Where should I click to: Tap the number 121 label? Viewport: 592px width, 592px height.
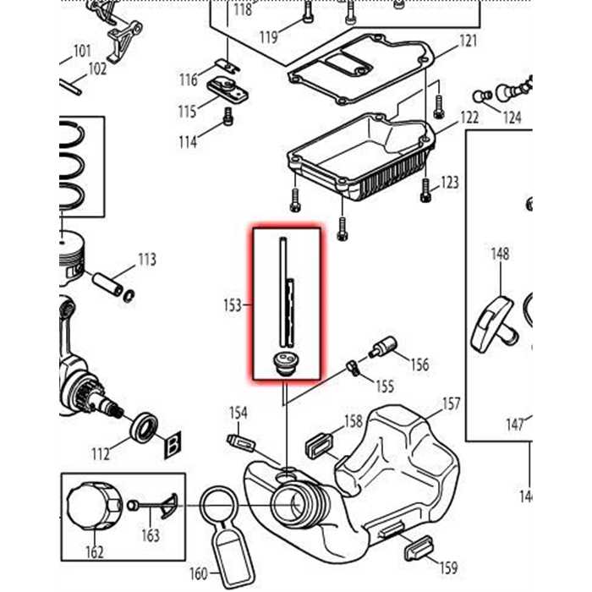468,41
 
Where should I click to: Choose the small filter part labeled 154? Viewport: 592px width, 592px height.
241,442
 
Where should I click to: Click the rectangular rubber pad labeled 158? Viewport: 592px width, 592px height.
318,445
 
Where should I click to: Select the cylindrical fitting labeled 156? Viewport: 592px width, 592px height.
384,347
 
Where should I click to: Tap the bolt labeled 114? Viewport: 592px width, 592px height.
227,119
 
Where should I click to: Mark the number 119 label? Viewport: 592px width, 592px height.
269,37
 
